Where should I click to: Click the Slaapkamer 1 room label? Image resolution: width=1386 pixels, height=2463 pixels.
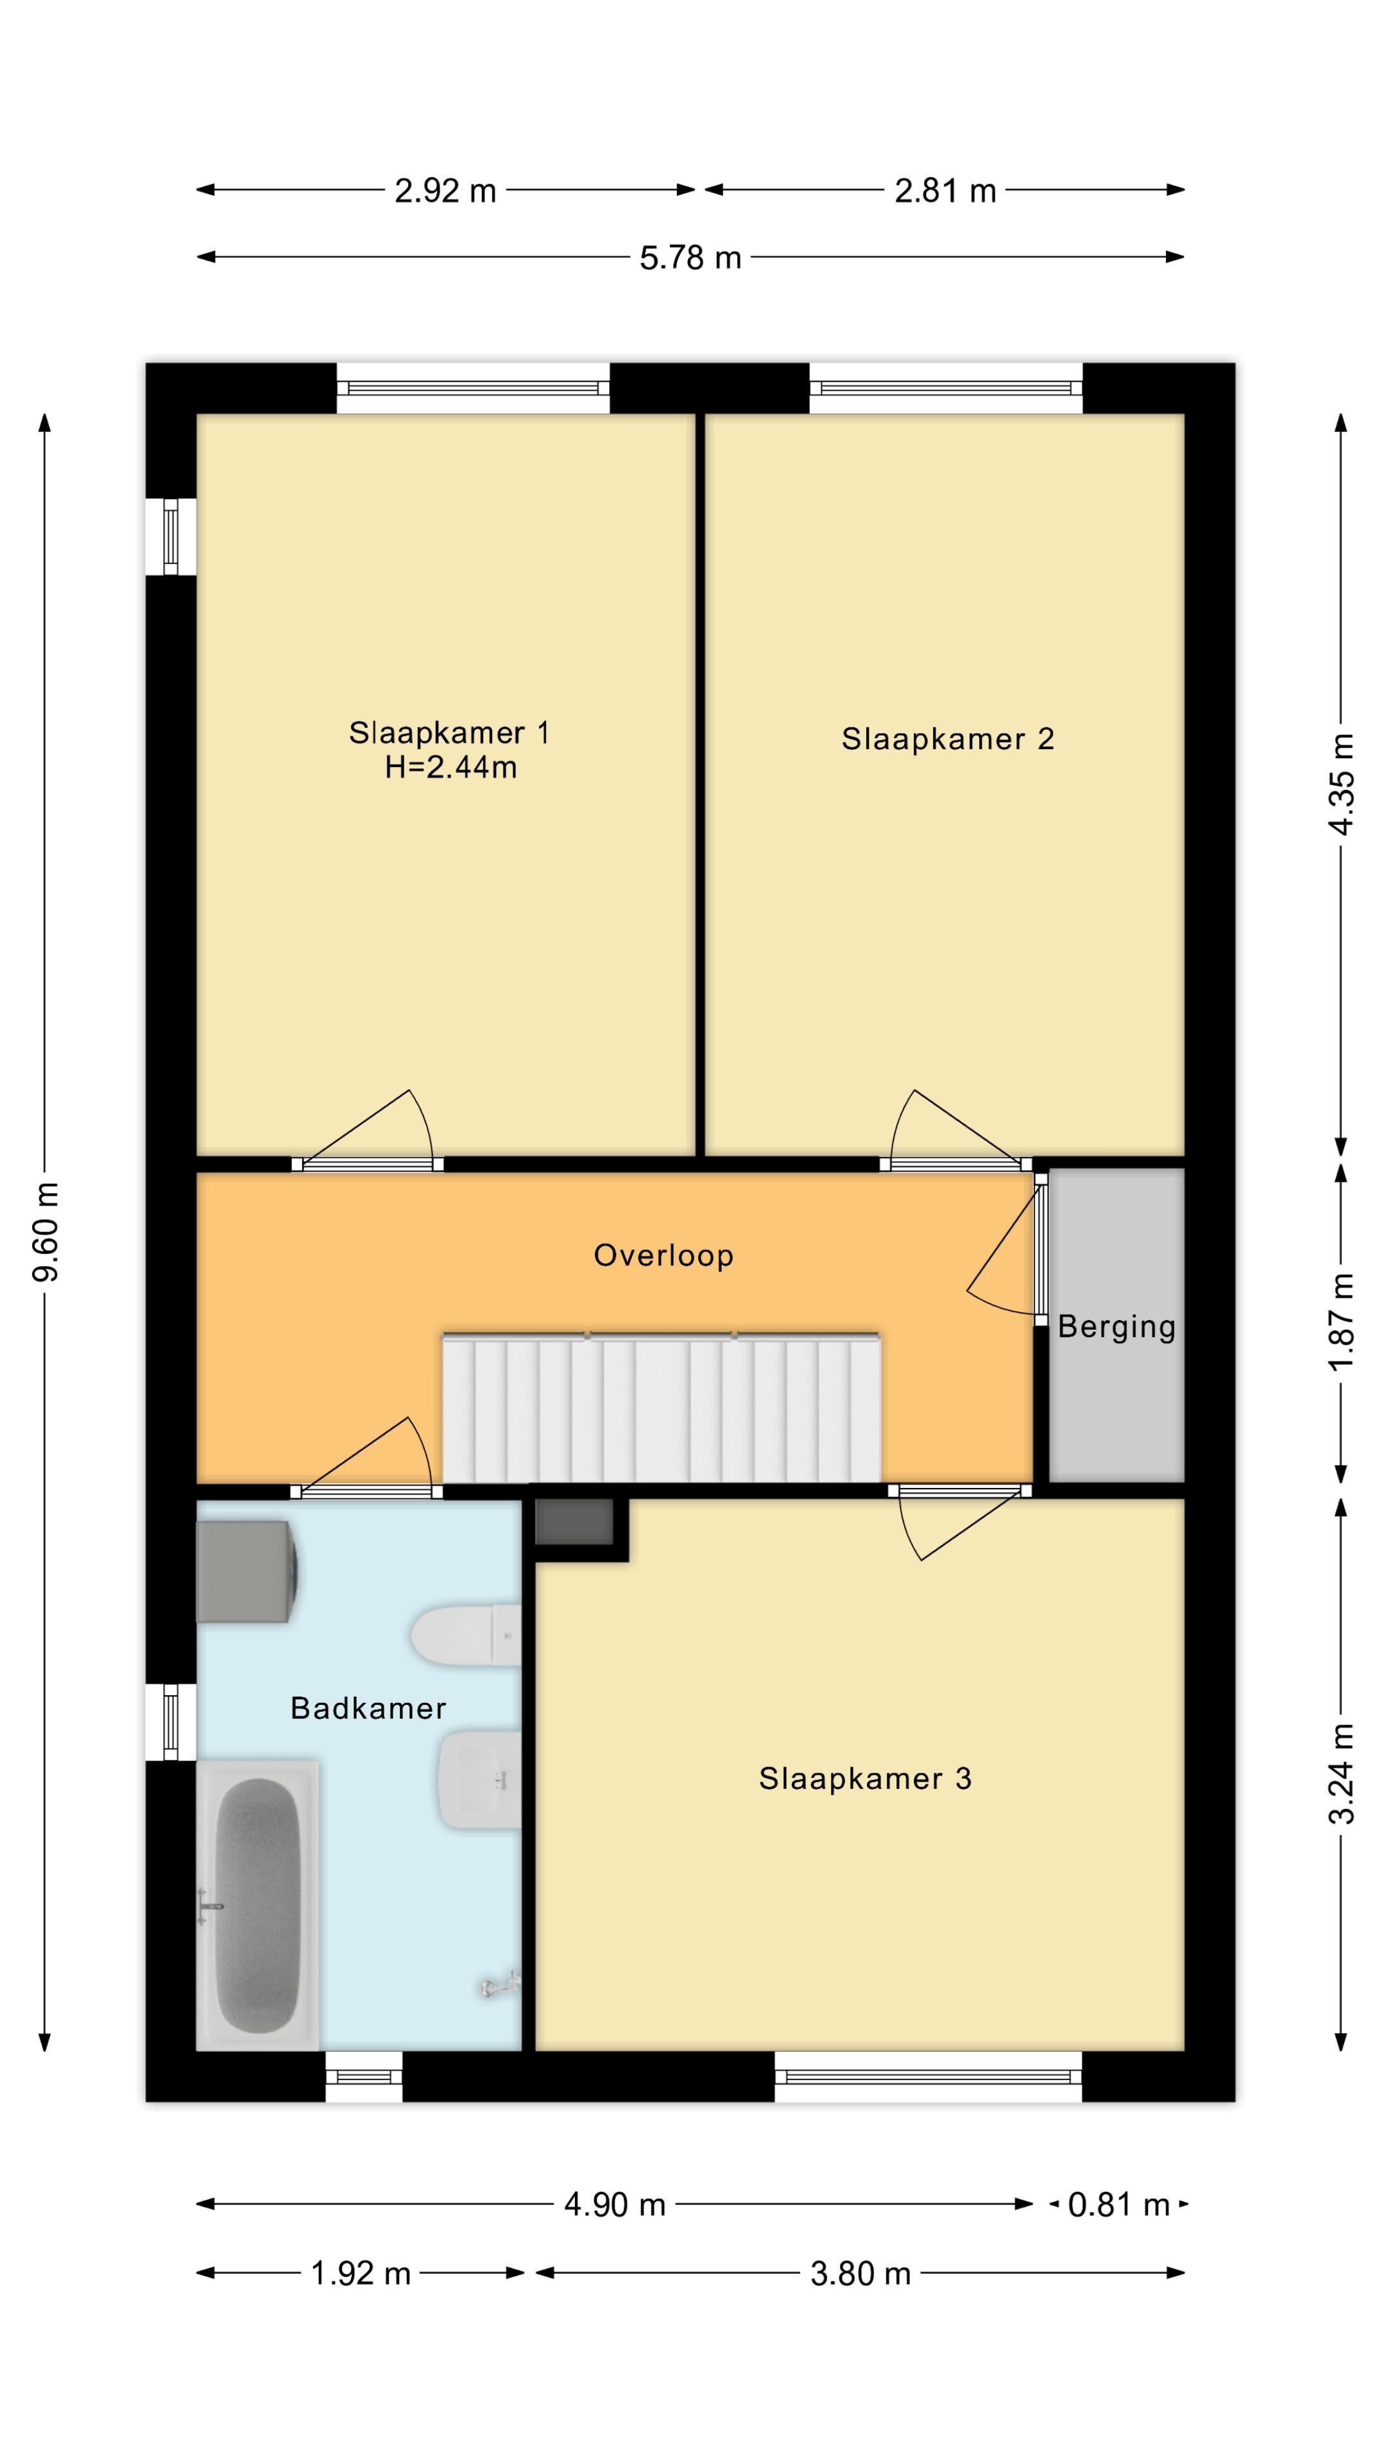(x=449, y=732)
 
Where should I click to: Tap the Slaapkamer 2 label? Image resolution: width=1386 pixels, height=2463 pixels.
(x=947, y=739)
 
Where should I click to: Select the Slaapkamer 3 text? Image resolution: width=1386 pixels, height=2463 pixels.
(x=865, y=1779)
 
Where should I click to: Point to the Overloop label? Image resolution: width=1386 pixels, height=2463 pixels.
(x=663, y=1255)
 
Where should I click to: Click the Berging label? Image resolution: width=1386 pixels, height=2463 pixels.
(x=1116, y=1327)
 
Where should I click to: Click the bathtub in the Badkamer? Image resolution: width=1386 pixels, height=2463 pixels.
(x=257, y=1906)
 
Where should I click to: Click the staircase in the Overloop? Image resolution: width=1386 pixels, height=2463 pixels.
(x=661, y=1407)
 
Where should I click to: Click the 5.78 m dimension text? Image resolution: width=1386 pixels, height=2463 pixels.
(x=690, y=257)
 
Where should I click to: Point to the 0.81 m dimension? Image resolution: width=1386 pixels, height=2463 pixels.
(x=1118, y=2205)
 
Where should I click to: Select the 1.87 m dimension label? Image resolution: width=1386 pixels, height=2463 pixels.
(x=1342, y=1323)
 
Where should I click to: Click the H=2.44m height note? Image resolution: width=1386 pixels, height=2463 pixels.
(x=450, y=767)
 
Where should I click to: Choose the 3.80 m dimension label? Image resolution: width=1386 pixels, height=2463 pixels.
(x=860, y=2274)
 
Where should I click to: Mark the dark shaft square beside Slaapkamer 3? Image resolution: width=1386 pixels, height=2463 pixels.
(x=574, y=1522)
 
